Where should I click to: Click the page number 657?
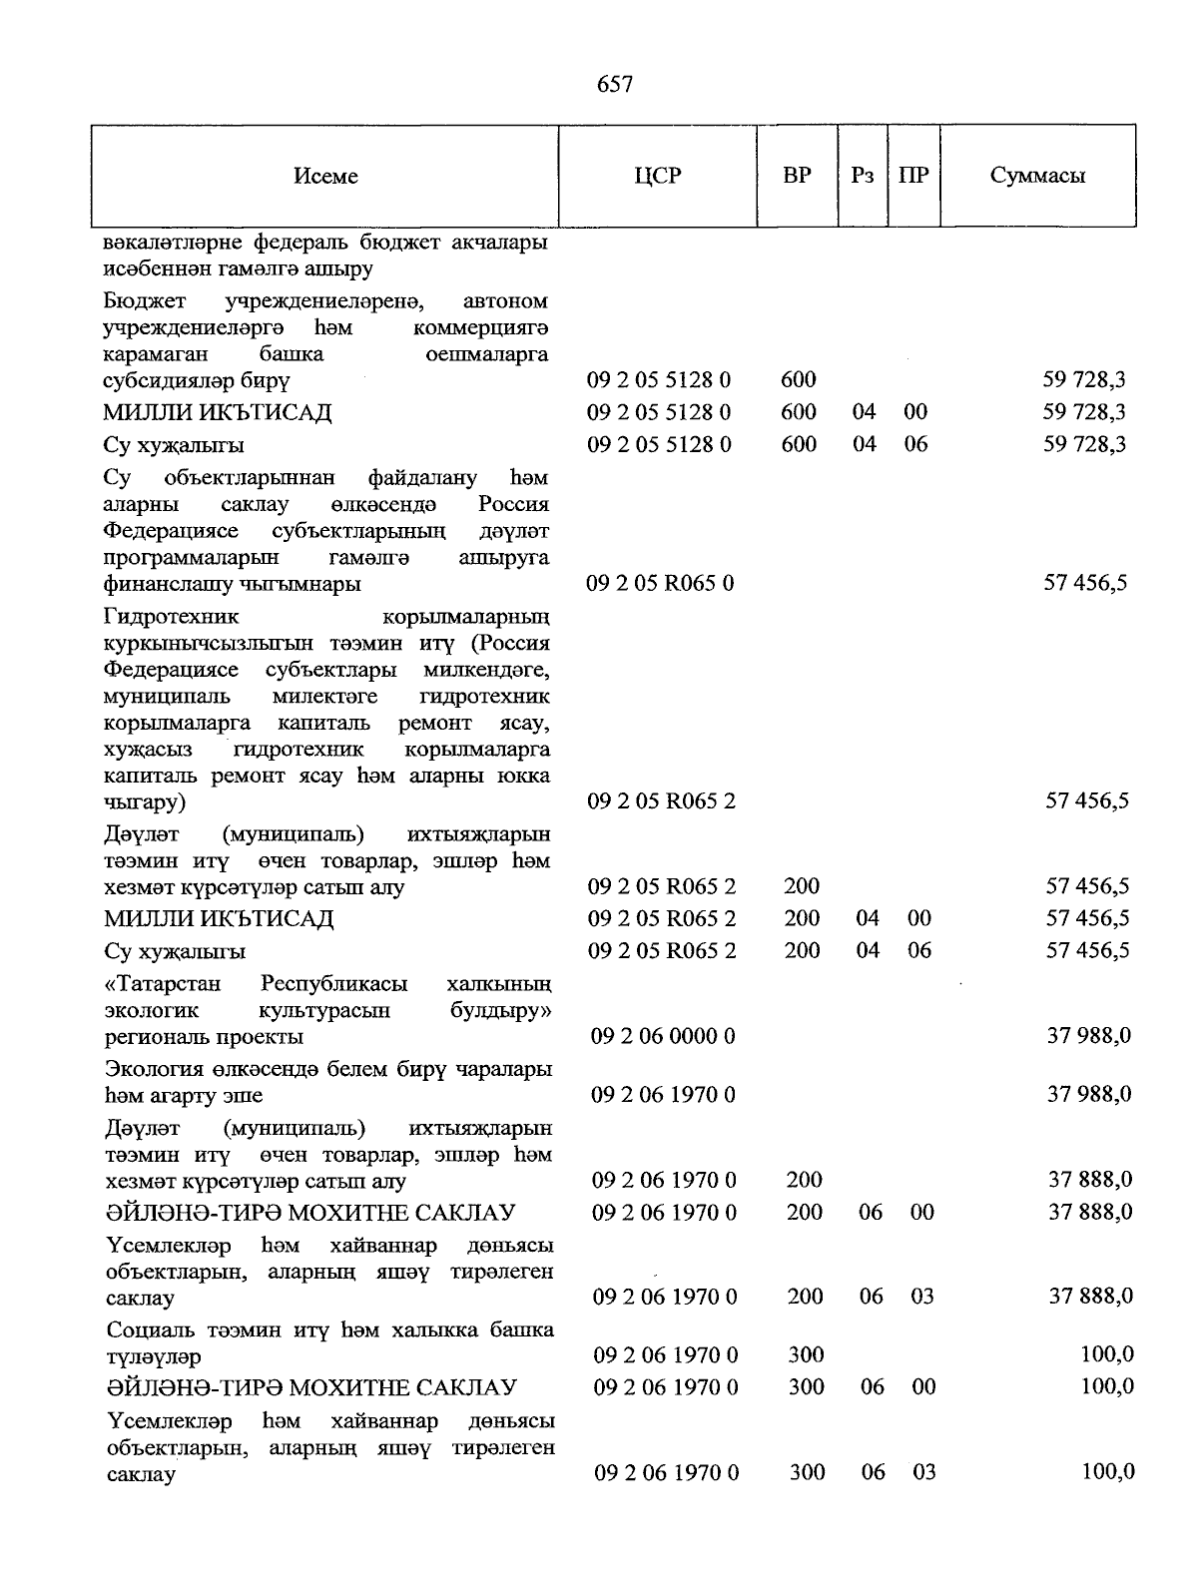click(x=614, y=85)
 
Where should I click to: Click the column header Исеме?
click(x=325, y=177)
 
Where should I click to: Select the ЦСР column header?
click(x=657, y=176)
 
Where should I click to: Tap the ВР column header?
click(x=797, y=176)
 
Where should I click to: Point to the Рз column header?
click(x=863, y=176)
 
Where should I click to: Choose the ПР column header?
click(x=913, y=176)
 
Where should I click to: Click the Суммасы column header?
click(x=1037, y=176)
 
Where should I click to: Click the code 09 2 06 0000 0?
click(x=663, y=1037)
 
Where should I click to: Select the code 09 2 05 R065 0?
click(x=660, y=583)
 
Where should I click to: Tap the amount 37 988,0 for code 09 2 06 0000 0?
click(x=1088, y=1037)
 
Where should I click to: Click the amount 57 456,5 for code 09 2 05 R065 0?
click(x=1085, y=583)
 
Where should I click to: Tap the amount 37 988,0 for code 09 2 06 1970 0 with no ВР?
click(x=1088, y=1095)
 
